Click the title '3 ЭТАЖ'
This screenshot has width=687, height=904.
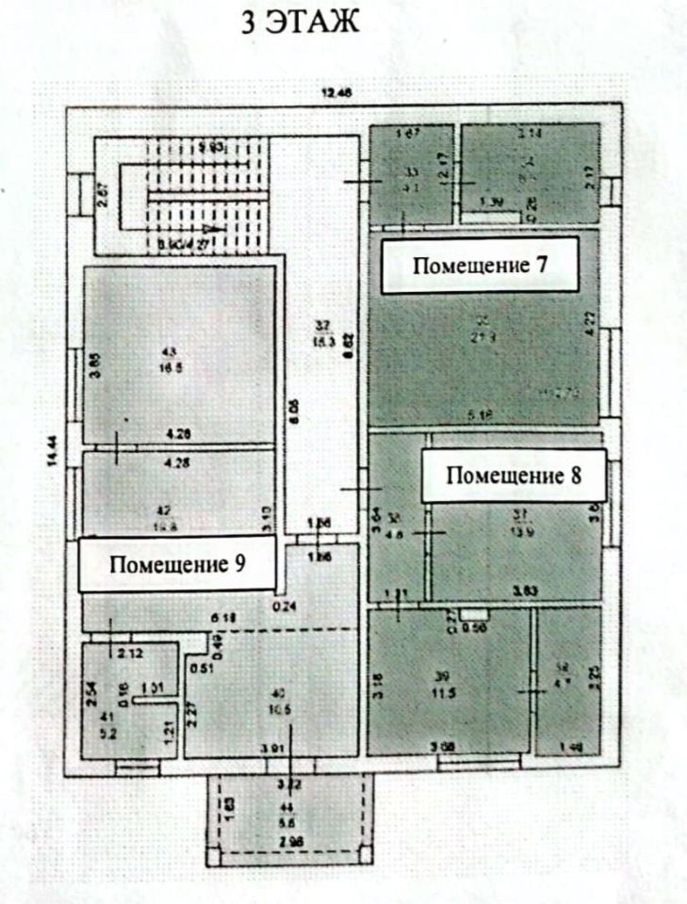pyautogui.click(x=301, y=23)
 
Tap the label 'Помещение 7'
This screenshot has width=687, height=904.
pyautogui.click(x=481, y=266)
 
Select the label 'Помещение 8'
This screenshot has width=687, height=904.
pyautogui.click(x=513, y=475)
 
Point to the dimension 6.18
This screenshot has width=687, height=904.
pyautogui.click(x=222, y=618)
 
